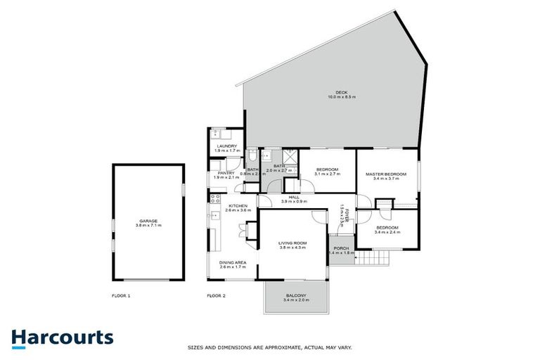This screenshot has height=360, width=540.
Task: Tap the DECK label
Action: click(x=341, y=91)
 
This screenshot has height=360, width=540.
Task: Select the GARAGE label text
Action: click(x=148, y=221)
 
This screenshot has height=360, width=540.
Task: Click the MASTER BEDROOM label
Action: click(x=387, y=174)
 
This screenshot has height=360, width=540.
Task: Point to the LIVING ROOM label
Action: click(x=292, y=243)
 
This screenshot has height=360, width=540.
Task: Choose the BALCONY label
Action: click(x=295, y=295)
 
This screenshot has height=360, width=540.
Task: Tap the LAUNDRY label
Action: click(x=226, y=146)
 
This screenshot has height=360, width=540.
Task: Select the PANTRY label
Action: click(x=226, y=173)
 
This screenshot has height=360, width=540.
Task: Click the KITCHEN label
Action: click(x=237, y=205)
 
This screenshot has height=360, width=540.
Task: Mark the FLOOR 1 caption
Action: click(x=122, y=296)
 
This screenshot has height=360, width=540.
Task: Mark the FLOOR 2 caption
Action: click(x=216, y=296)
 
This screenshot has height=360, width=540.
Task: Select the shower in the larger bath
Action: click(x=288, y=157)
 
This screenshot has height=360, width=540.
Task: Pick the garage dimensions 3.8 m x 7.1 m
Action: click(x=148, y=226)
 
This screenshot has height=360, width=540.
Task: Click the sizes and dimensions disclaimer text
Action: click(x=270, y=347)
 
